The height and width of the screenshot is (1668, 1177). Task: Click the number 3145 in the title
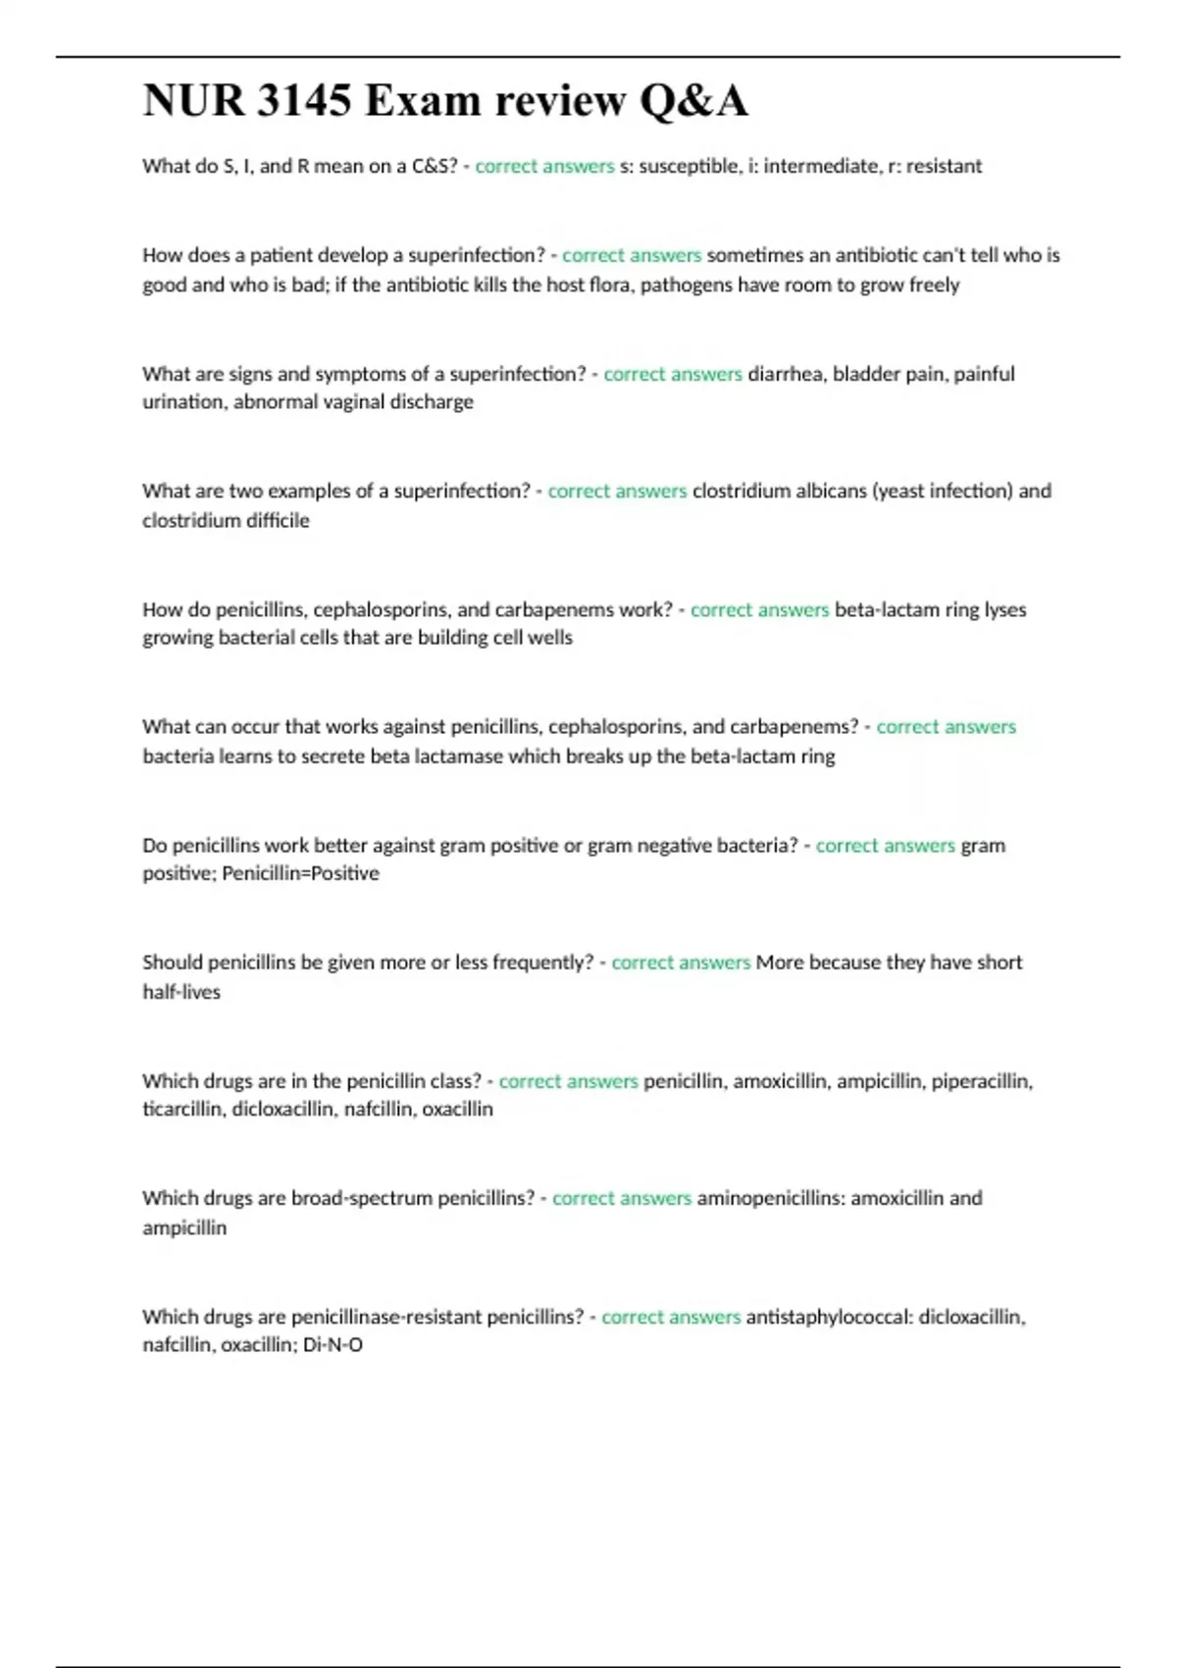[303, 100]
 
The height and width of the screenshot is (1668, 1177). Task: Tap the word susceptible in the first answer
[690, 167]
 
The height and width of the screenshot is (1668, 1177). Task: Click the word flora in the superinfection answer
[605, 286]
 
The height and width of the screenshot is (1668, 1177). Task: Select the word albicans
[823, 491]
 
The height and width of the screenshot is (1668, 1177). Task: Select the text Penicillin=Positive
[300, 873]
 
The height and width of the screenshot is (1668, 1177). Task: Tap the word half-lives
[181, 992]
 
